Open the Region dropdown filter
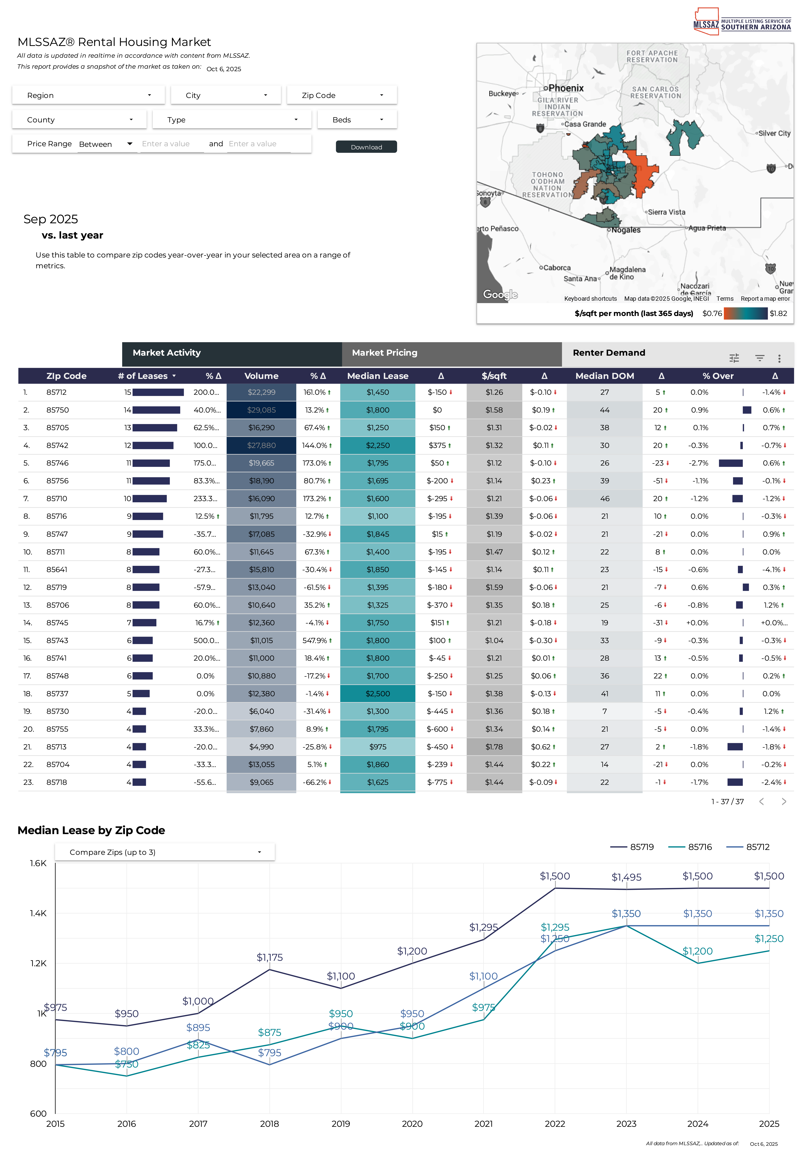pos(89,95)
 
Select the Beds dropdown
pos(357,120)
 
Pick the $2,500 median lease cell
pos(378,694)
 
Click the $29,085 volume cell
pos(261,410)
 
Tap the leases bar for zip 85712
pos(158,392)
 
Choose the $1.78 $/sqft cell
pos(494,747)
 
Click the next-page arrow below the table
pos(784,801)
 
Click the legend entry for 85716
pos(690,847)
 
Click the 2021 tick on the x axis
pos(483,1124)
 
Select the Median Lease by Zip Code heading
pos(91,830)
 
